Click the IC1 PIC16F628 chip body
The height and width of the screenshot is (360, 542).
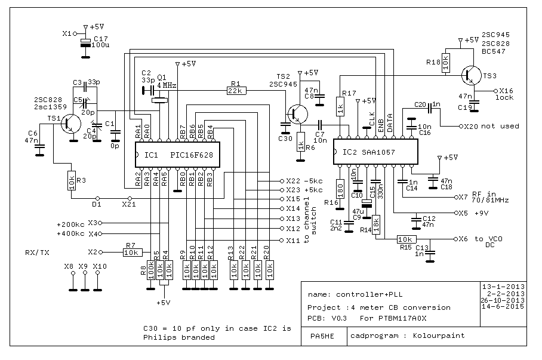[x=177, y=155]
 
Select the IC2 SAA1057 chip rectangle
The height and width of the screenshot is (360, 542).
[x=375, y=152]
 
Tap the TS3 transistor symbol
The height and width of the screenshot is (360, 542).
[x=471, y=75]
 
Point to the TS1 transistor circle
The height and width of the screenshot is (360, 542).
[x=71, y=124]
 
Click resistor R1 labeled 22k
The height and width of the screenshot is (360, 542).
[x=236, y=91]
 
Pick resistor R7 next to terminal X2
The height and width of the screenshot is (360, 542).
[x=133, y=253]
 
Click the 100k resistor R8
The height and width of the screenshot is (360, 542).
[x=150, y=270]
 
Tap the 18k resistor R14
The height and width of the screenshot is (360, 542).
[x=376, y=225]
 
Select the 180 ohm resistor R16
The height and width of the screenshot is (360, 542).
[x=340, y=189]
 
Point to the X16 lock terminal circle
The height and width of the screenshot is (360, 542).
[x=495, y=91]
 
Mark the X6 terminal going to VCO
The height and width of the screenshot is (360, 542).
[x=456, y=239]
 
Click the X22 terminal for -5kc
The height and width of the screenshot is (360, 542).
[x=282, y=181]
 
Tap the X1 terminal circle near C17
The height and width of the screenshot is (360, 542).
[x=75, y=34]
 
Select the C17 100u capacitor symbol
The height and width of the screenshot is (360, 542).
[x=85, y=42]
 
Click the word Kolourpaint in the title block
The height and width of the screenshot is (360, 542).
[x=439, y=336]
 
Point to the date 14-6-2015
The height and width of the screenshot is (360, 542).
[x=503, y=306]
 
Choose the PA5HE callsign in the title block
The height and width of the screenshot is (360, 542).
[x=322, y=336]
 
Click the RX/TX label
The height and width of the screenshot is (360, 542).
[x=38, y=253]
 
